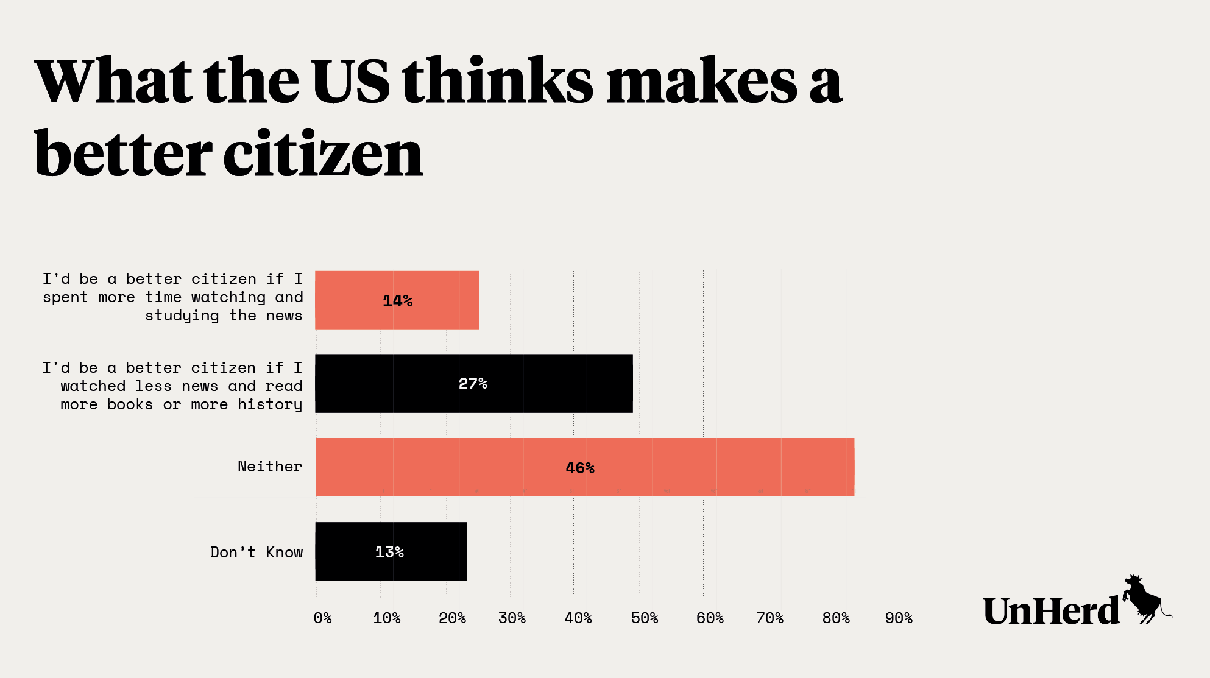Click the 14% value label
coord(397,301)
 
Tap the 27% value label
coord(473,384)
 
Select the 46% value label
coord(580,468)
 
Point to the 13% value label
coord(389,552)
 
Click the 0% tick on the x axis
coord(322,618)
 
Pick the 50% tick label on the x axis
coord(644,618)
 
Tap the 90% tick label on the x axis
coord(899,618)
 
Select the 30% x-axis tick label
coord(512,618)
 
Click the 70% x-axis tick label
coord(770,618)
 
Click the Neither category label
coord(270,467)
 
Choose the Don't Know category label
coord(257,553)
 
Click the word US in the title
coord(350,81)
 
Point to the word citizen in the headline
coord(323,154)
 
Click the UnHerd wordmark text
coord(1051,611)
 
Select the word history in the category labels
coord(270,405)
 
